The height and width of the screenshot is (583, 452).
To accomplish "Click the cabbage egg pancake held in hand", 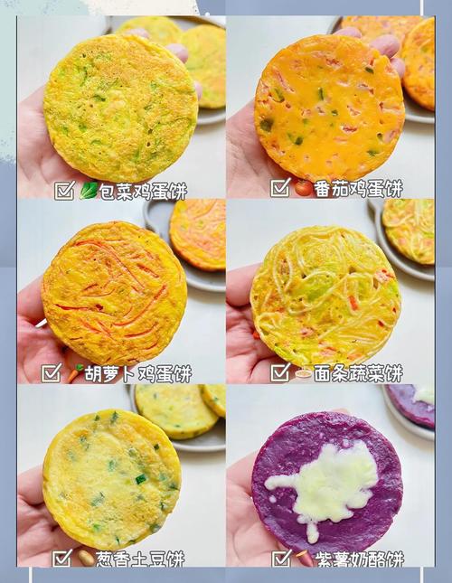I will click(120, 108).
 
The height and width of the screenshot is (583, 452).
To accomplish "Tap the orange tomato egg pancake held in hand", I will click(329, 107).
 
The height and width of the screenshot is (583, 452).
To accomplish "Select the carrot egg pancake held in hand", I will click(114, 293).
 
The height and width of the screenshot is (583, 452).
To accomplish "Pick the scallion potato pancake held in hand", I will click(111, 478).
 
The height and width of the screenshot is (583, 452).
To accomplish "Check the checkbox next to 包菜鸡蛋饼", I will click(64, 190).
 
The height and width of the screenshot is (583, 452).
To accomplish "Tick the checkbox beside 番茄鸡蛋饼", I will click(280, 188).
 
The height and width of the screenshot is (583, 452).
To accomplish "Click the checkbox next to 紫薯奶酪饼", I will click(281, 558).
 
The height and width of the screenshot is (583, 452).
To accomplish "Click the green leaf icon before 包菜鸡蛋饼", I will click(89, 190).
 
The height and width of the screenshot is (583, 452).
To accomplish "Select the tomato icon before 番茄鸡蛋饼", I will click(304, 188).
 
